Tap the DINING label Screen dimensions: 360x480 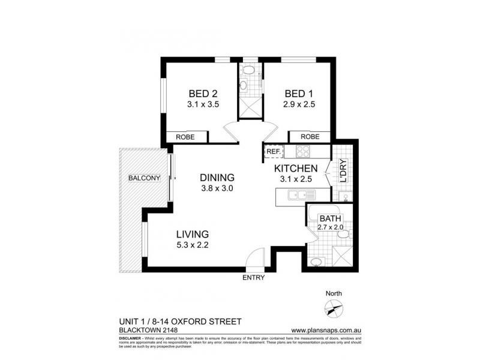[217, 178]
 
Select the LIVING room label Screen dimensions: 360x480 [192, 234]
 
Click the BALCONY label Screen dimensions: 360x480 [142, 178]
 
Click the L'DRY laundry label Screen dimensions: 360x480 [344, 171]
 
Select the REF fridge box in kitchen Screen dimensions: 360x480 [274, 152]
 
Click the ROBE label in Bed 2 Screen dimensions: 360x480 [185, 137]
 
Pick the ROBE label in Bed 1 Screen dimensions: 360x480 [310, 136]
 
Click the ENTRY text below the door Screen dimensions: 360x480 [253, 278]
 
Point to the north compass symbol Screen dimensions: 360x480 [332, 310]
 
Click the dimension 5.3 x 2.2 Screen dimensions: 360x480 [192, 244]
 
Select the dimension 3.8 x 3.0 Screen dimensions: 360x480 [217, 188]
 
